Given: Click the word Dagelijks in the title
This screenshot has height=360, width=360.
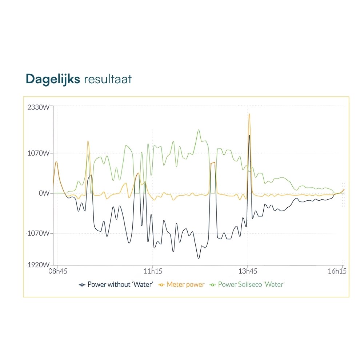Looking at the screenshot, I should (52, 79).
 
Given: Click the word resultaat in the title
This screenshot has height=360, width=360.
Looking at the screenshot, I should (108, 79).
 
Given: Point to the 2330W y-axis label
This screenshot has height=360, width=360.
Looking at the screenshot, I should (38, 107).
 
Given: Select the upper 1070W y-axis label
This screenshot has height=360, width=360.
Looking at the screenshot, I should (38, 153).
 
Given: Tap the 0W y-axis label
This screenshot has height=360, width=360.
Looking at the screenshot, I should (44, 193).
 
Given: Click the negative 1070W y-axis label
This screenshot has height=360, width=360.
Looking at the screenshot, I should (38, 233).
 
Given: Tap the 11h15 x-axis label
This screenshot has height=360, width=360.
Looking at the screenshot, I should (153, 271).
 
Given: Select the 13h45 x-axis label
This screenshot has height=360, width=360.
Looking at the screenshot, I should (248, 271).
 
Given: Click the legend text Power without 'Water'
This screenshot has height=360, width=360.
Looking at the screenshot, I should (120, 284).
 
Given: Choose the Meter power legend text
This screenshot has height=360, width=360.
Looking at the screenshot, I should (185, 284).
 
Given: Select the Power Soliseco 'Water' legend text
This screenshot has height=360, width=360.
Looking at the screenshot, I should (251, 284).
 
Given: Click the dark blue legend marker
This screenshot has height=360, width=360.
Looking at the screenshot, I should (82, 284).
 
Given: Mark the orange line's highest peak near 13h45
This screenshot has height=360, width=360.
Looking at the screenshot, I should (249, 115).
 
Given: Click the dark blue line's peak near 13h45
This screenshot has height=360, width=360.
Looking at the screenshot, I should (249, 136).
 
